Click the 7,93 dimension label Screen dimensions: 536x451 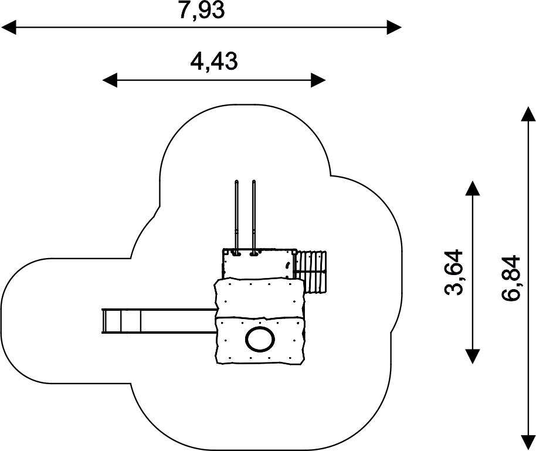click(202, 10)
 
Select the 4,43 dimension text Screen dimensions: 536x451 click(213, 62)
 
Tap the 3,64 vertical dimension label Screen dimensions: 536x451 click(454, 272)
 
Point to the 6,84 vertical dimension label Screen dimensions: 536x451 click(511, 278)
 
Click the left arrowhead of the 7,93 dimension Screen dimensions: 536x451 click(8, 27)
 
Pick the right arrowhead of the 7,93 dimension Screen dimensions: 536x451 click(394, 27)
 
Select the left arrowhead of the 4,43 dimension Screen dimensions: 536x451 click(110, 80)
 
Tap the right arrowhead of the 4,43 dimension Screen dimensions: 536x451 click(318, 80)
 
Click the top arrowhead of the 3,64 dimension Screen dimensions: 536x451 click(473, 188)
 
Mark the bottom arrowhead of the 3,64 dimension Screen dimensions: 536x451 click(473, 357)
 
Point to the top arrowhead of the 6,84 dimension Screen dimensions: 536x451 click(528, 114)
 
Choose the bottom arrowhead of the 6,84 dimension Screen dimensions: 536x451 click(528, 443)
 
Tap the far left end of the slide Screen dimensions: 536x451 click(102, 320)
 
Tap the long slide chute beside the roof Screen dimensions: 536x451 click(160, 320)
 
